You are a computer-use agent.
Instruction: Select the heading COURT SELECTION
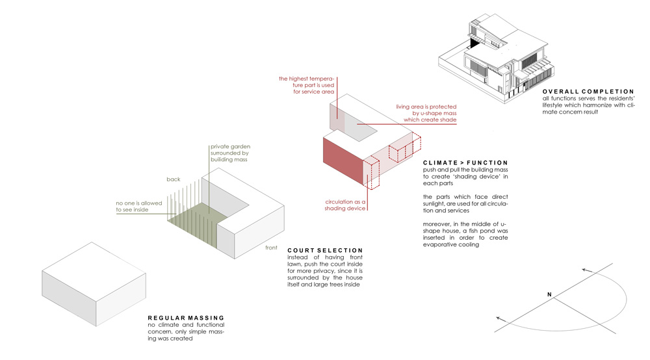[x=324, y=250]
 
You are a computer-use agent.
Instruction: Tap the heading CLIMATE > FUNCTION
[x=465, y=162]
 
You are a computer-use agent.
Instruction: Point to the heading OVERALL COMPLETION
[x=588, y=92]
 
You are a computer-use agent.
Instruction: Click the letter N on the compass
[x=549, y=295]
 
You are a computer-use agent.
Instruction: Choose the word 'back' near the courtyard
[x=174, y=179]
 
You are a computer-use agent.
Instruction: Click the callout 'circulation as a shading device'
[x=347, y=205]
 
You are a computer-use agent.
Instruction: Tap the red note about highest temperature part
[x=306, y=85]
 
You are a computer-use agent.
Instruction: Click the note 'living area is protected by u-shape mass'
[x=426, y=113]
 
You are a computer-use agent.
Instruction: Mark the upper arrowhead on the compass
[x=585, y=269]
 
